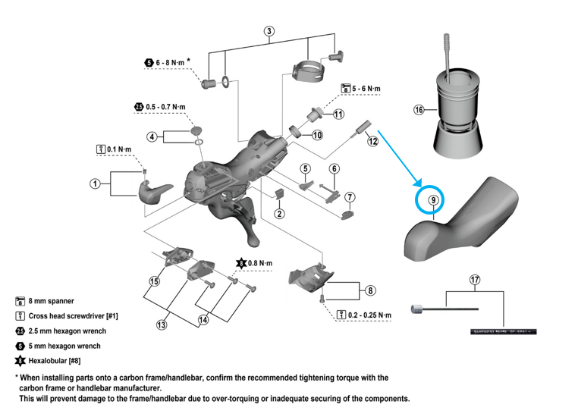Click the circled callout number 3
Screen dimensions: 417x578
(269, 31)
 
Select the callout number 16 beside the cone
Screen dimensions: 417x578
(419, 110)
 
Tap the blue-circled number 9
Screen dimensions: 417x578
(432, 201)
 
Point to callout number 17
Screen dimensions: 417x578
(475, 280)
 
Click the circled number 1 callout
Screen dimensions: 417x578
(95, 183)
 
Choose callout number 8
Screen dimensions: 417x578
(370, 290)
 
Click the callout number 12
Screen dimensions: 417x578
(372, 141)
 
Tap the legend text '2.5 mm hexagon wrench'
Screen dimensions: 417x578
(68, 331)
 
